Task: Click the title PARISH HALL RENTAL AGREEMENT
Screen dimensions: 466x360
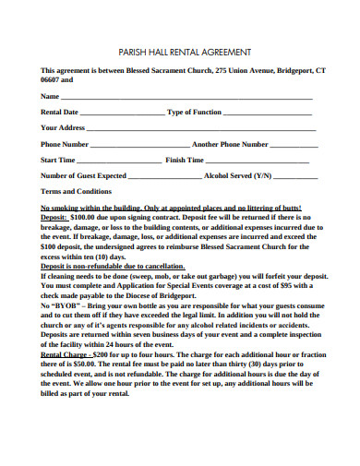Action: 179,53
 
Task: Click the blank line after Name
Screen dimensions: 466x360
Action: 185,97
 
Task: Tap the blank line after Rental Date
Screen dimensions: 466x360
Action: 115,113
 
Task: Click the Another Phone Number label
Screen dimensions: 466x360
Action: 230,144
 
